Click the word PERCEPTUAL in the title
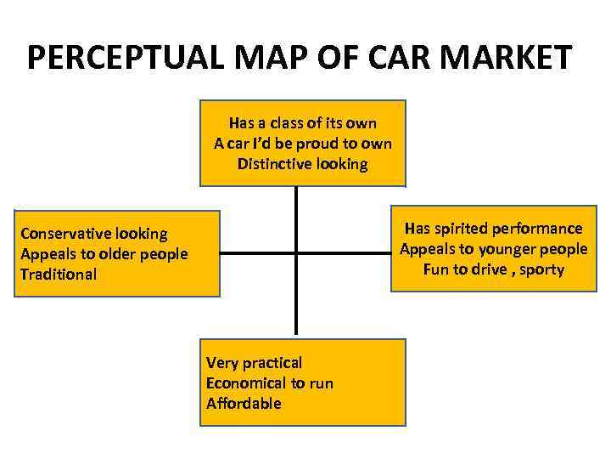[x=126, y=58]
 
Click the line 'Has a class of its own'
[x=303, y=124]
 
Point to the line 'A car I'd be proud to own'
[x=303, y=144]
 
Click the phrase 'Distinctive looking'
[x=303, y=164]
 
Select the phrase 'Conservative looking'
[x=94, y=234]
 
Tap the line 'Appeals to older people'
[x=104, y=254]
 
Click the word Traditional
[x=59, y=275]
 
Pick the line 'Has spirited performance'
[x=493, y=229]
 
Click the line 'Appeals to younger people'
[x=493, y=249]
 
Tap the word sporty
[x=541, y=270]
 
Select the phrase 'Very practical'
[x=254, y=363]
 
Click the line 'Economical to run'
[x=270, y=383]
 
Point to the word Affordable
[x=244, y=404]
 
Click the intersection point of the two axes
[x=296, y=252]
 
